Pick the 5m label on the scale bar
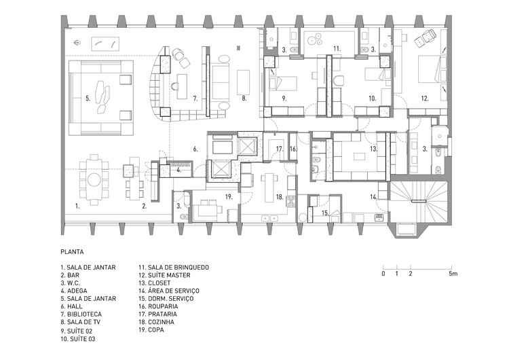[453, 273]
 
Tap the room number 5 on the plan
[88, 98]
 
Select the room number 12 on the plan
[425, 99]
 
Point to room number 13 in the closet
[373, 149]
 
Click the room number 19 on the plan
[229, 196]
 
